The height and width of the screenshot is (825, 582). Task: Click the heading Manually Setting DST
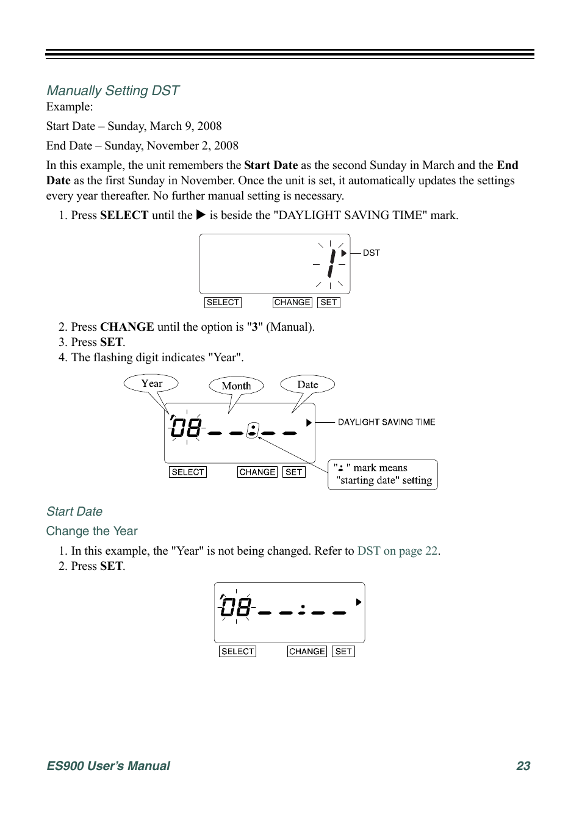[113, 91]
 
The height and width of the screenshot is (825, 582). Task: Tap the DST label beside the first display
[371, 253]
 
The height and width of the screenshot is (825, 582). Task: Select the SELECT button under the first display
[223, 303]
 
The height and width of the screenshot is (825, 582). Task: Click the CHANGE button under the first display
[292, 303]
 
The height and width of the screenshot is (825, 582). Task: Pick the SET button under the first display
[329, 303]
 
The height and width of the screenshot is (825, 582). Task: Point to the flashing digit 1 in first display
[331, 264]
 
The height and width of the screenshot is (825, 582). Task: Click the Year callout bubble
[151, 383]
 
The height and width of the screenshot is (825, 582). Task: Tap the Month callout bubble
[236, 386]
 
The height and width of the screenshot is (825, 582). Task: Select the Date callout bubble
[307, 384]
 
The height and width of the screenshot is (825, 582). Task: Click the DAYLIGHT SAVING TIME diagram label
[386, 422]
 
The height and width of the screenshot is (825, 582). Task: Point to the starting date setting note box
[383, 475]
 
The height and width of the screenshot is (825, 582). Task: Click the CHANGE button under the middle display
[257, 472]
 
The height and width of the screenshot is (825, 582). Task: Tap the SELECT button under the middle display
[188, 472]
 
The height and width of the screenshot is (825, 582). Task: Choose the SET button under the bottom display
[343, 652]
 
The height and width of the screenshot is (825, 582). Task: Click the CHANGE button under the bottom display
[307, 652]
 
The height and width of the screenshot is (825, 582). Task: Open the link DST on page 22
[397, 551]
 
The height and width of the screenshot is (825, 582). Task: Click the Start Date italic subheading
[74, 511]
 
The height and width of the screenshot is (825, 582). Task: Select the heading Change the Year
[92, 531]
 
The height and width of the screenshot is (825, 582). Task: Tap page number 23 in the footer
[523, 766]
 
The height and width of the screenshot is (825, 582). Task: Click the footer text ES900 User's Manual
[109, 766]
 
